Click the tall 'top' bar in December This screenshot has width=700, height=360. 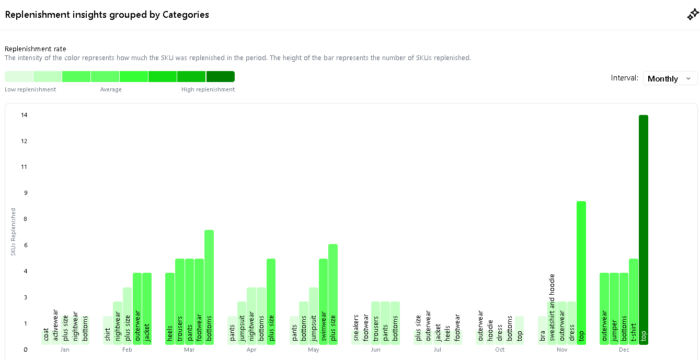[x=643, y=230]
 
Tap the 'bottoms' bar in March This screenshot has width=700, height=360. [x=209, y=287]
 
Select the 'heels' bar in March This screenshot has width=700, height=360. [x=170, y=308]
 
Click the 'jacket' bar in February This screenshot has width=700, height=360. [x=147, y=308]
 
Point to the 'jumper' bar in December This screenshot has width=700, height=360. [x=614, y=308]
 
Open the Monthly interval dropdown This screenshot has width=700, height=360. [x=670, y=78]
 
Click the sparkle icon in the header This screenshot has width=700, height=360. [x=692, y=15]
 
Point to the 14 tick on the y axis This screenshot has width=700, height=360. [x=24, y=115]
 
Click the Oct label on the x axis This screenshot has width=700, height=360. [x=500, y=350]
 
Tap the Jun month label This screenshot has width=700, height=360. [x=375, y=350]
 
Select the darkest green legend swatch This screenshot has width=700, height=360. [x=220, y=77]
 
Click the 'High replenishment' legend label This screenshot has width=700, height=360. [x=208, y=89]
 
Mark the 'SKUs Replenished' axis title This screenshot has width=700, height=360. [x=14, y=232]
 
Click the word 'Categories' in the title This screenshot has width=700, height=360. [x=186, y=15]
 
